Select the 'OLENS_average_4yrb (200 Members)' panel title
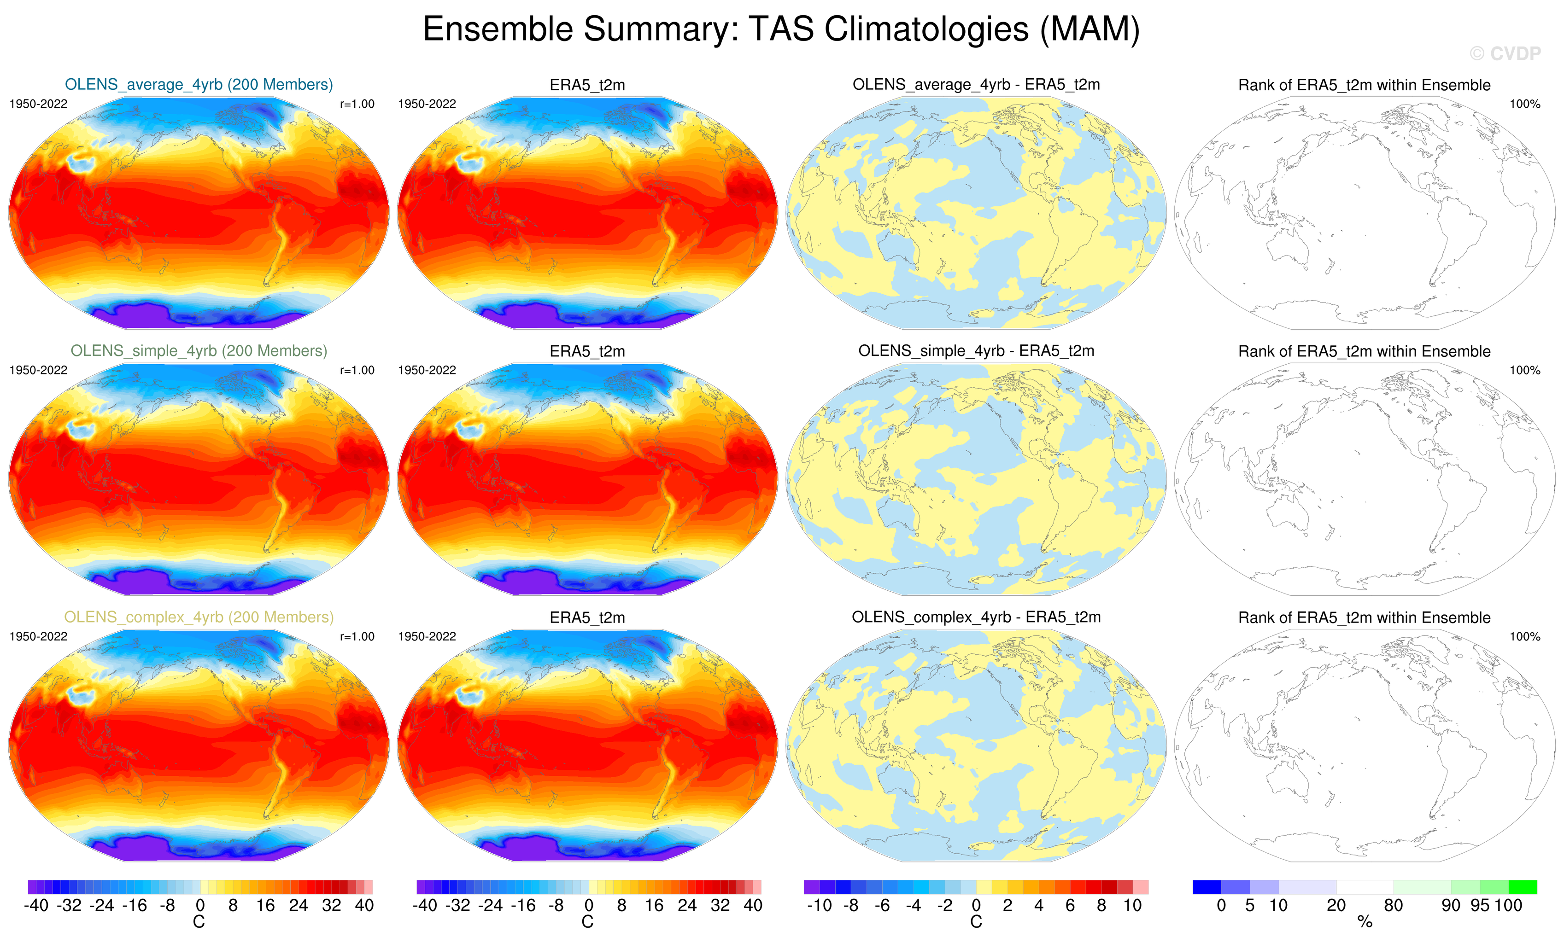click(199, 84)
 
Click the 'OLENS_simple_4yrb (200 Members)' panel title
click(199, 351)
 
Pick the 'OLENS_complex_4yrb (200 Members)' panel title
click(199, 617)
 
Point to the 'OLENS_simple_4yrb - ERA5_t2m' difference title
click(976, 351)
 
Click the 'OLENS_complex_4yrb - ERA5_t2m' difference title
click(976, 617)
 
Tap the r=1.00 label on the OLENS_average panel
click(357, 104)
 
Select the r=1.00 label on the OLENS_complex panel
click(357, 636)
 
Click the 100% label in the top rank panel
click(1525, 104)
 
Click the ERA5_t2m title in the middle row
click(587, 351)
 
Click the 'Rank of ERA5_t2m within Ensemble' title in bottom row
click(1364, 617)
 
